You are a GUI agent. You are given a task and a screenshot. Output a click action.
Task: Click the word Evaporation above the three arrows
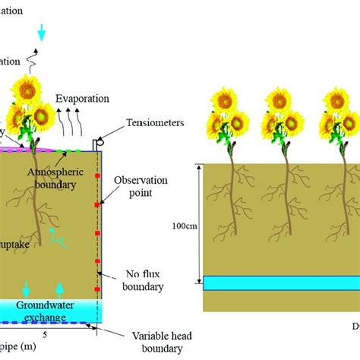[83, 99]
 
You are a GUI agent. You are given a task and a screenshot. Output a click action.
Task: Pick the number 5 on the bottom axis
[46, 333]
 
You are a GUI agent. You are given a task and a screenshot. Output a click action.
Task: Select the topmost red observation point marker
[98, 177]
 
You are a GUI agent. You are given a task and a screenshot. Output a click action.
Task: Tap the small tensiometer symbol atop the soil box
[96, 143]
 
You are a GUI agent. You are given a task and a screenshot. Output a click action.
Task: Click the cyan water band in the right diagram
[281, 283]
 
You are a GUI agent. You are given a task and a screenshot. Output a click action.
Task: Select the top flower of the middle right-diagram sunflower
[282, 99]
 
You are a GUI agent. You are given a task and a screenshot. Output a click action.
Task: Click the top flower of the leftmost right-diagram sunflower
[226, 99]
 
